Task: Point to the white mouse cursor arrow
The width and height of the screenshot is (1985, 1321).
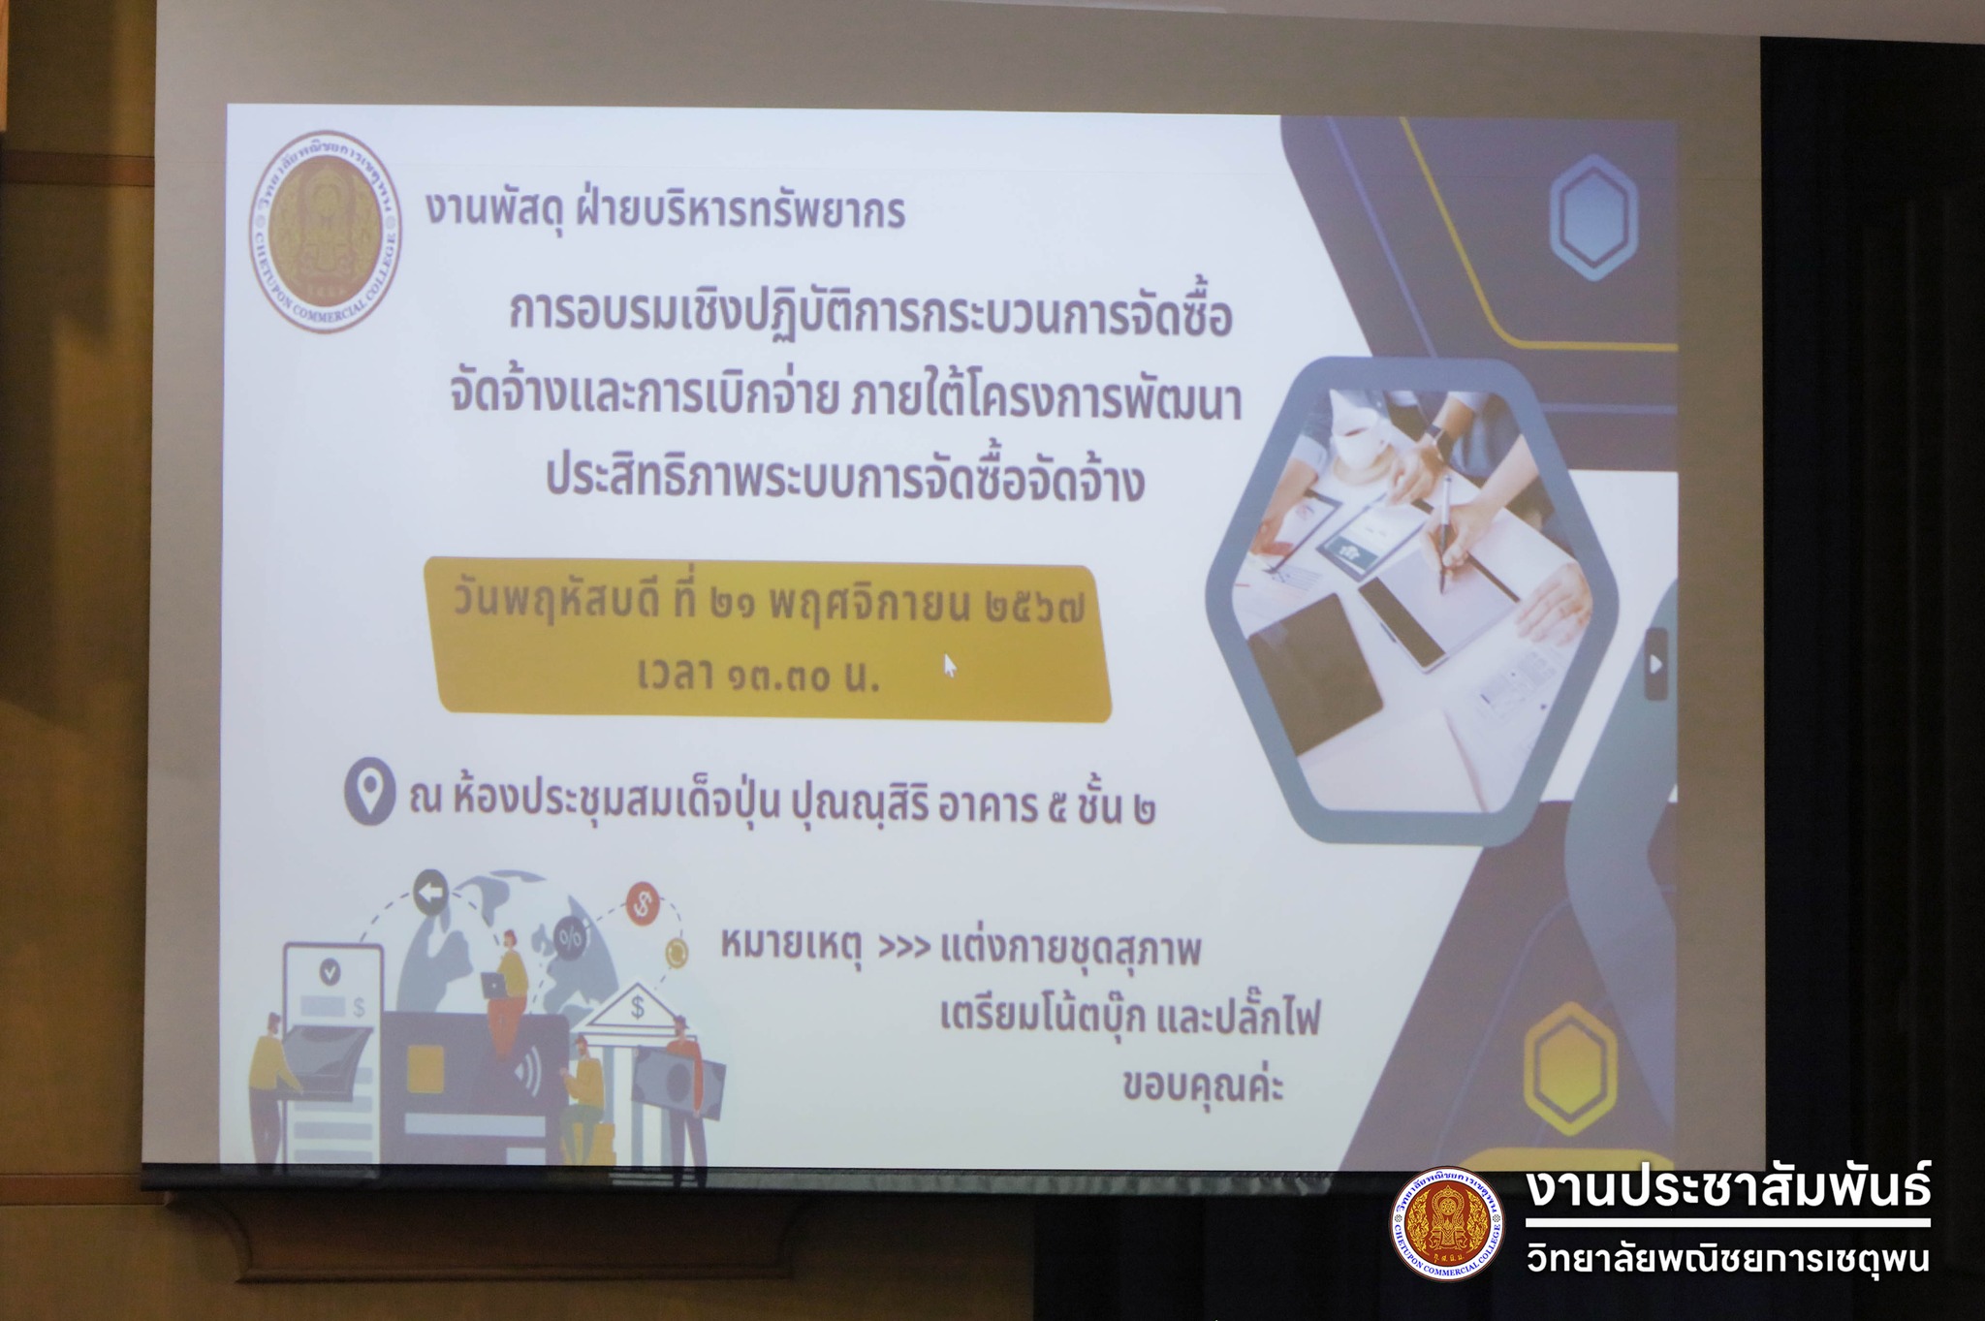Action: (x=950, y=665)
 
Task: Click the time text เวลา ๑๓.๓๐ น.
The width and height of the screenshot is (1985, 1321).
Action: (x=759, y=675)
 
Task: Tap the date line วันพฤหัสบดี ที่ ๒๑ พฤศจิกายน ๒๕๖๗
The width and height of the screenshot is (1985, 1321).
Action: (x=768, y=607)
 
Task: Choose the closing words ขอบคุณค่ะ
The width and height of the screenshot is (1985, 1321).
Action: (x=1203, y=1086)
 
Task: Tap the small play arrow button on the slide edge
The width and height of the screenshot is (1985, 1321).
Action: (x=1656, y=664)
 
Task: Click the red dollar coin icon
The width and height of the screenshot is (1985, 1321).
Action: (x=642, y=904)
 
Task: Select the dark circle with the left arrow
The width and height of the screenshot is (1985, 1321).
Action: (x=430, y=892)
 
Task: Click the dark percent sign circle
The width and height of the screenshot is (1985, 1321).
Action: (x=570, y=937)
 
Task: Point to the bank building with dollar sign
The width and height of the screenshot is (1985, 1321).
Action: (x=635, y=1027)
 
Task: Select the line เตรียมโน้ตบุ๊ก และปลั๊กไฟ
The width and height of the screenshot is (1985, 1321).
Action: (x=1130, y=1019)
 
